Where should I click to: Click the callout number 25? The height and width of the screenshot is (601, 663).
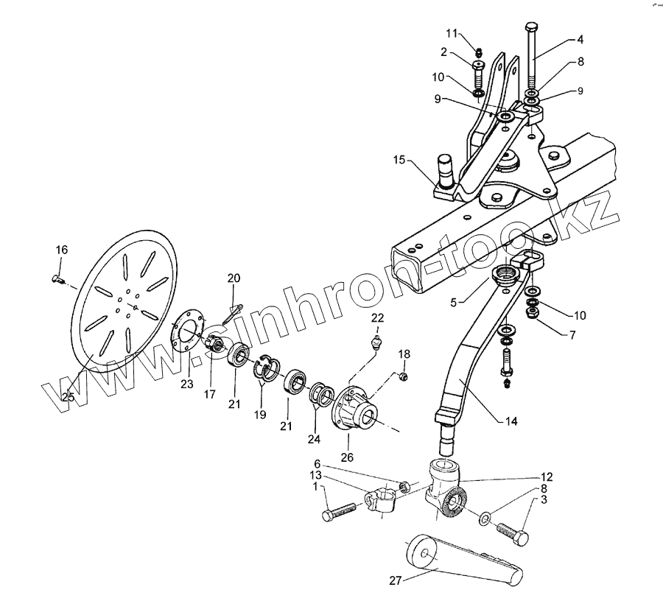[69, 398]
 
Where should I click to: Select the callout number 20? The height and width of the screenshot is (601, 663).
[234, 278]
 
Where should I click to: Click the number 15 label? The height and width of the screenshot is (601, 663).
[399, 160]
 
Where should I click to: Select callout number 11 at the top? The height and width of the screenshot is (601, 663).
[452, 33]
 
